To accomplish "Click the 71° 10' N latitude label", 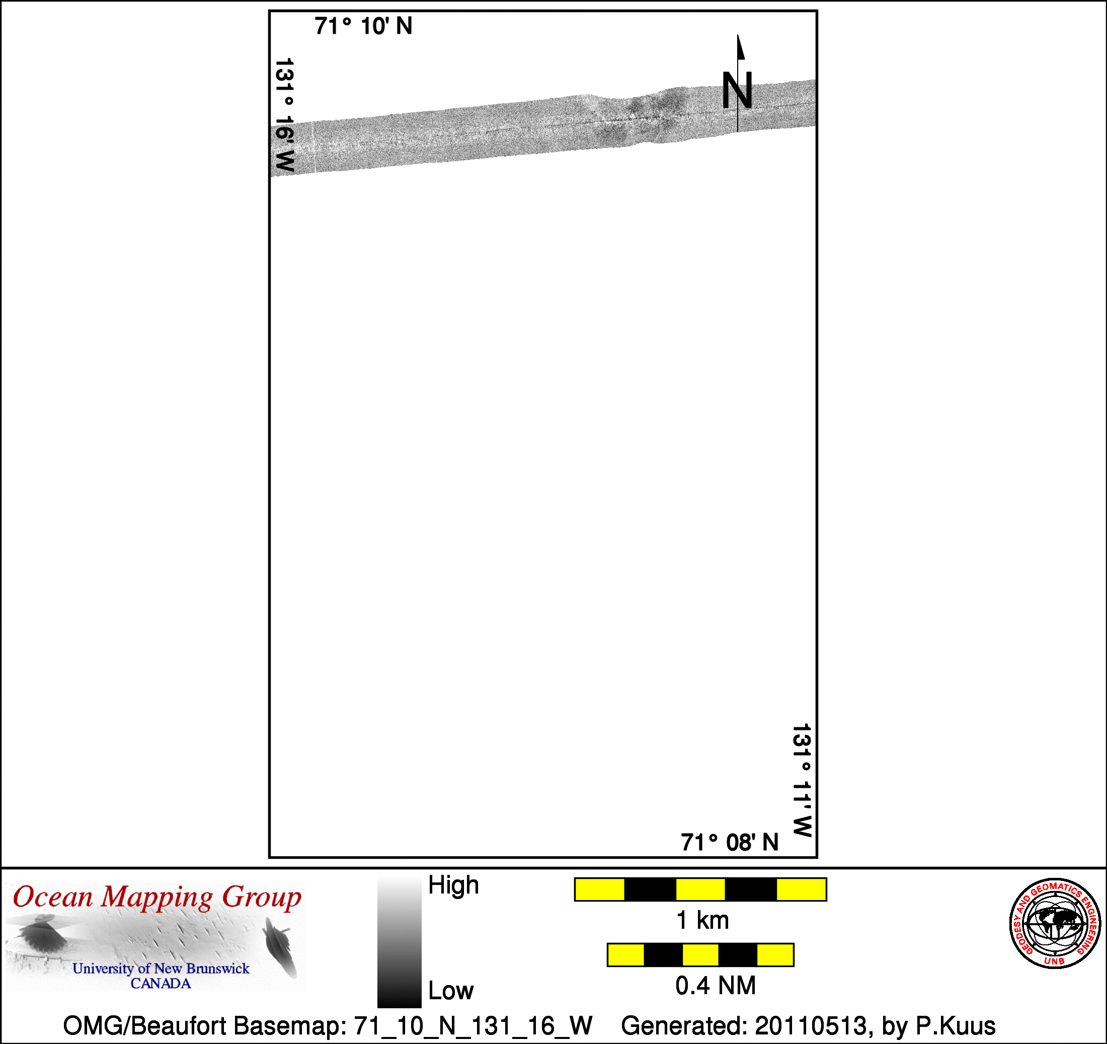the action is (363, 26).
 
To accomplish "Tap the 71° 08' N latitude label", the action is (730, 842).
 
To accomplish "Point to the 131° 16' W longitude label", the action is (284, 115).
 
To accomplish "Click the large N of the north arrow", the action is (737, 90).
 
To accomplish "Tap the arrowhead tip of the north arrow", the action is (738, 35).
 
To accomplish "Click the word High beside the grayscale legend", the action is (453, 884).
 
